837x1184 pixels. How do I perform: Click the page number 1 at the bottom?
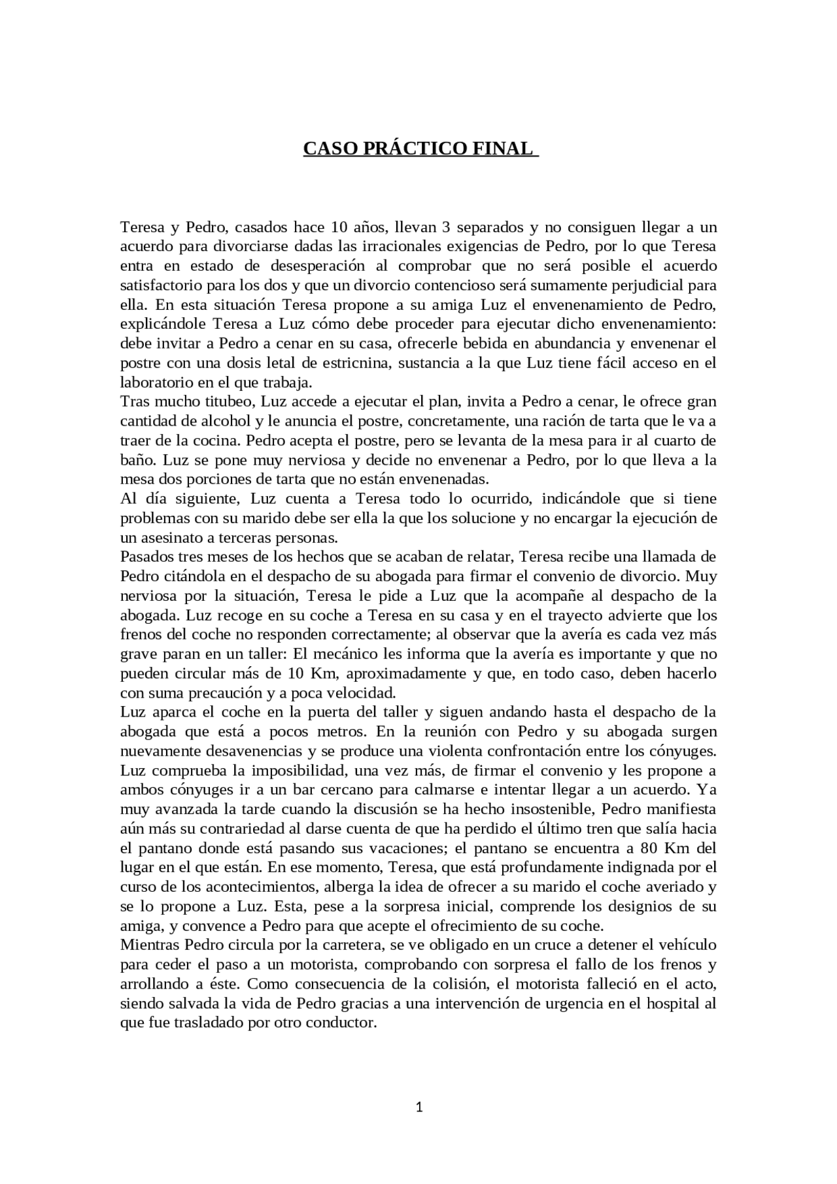click(419, 1107)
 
